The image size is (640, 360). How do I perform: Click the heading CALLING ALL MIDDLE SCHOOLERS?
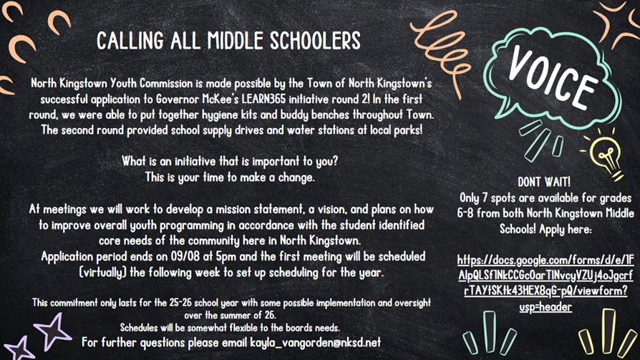coord(229,39)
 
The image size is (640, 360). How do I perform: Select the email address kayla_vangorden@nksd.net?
coord(311,342)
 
